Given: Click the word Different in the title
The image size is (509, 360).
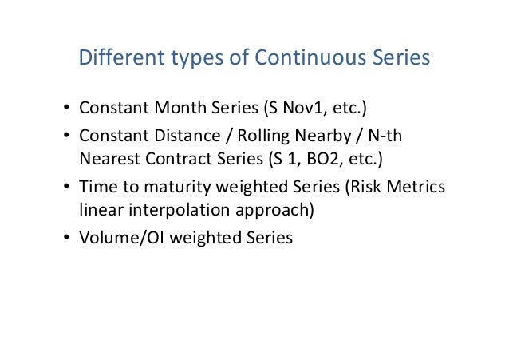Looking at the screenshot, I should click(112, 60).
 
